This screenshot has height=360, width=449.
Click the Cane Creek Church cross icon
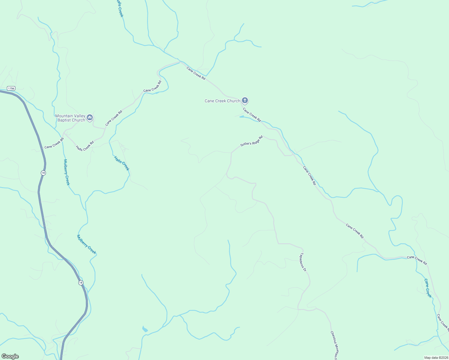(245, 100)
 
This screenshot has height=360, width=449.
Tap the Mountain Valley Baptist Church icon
(90, 118)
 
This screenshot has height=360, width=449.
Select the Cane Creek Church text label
(222, 101)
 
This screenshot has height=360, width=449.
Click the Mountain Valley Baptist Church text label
(70, 118)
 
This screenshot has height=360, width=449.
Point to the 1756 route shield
(11, 88)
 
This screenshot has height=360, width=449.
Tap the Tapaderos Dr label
(303, 262)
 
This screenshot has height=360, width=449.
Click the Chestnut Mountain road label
(334, 345)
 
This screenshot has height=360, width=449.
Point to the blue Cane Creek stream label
(428, 288)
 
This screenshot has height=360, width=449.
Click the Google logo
(10, 356)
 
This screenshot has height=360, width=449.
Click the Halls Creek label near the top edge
(120, 8)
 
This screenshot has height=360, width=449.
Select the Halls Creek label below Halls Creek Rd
(122, 163)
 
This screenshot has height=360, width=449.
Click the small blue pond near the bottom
(145, 329)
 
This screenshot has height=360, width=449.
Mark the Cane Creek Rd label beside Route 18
(54, 143)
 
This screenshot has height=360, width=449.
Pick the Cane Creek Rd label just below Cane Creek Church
(252, 115)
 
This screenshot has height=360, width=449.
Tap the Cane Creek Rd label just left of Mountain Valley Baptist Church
(114, 118)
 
